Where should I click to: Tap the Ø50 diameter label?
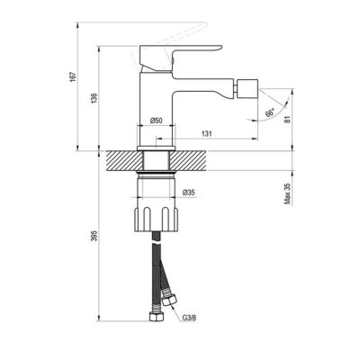[156, 121]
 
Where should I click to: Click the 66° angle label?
[270, 113]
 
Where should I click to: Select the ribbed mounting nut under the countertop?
[158, 217]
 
